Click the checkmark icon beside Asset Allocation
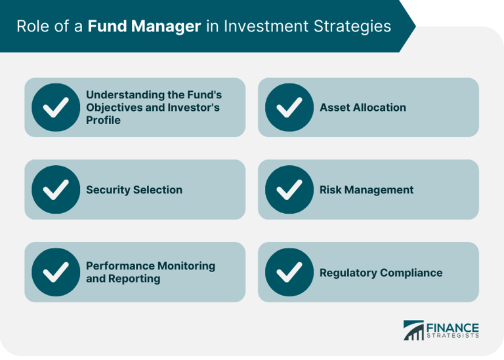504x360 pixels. tap(289, 108)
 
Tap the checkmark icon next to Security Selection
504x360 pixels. tap(55, 190)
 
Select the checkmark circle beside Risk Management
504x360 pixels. tap(289, 190)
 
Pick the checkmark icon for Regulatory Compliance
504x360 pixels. tap(289, 272)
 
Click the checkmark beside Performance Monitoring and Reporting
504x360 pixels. tap(55, 272)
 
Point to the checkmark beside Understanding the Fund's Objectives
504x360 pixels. tap(55, 108)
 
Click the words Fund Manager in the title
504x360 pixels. tap(144, 26)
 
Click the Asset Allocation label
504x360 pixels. tap(362, 108)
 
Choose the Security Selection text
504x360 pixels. tap(134, 190)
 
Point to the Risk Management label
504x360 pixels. tap(366, 190)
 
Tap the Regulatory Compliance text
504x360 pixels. tap(381, 273)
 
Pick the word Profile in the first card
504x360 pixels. tap(103, 121)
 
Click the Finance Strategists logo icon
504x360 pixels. tap(413, 330)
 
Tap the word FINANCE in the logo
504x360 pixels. tap(453, 327)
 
